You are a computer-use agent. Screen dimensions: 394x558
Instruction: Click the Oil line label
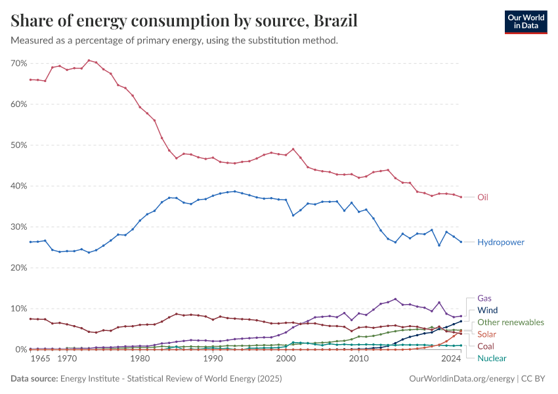[483, 197]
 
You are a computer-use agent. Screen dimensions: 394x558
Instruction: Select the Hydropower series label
[501, 242]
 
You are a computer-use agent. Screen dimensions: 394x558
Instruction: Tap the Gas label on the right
[484, 297]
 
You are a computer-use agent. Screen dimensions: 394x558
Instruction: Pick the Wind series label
[488, 310]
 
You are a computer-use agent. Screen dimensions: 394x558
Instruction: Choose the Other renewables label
[511, 322]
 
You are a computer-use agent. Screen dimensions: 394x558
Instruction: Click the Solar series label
[487, 334]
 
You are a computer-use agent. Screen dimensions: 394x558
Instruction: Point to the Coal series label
[486, 346]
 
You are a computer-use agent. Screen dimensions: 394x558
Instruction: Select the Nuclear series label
[492, 358]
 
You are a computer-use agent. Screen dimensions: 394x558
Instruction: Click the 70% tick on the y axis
[18, 63]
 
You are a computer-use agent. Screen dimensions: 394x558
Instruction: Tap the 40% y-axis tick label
[18, 186]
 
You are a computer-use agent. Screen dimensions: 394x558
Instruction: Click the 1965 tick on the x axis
[40, 359]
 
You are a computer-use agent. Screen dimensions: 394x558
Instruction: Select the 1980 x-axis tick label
[139, 359]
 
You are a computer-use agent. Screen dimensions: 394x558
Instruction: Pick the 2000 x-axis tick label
[286, 359]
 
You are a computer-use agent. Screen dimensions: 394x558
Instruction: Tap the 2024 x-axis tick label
[451, 359]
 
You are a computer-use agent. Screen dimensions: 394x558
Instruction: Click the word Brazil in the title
[335, 21]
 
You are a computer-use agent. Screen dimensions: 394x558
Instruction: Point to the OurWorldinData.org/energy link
[461, 379]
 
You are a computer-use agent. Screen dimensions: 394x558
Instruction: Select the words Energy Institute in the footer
[93, 379]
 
